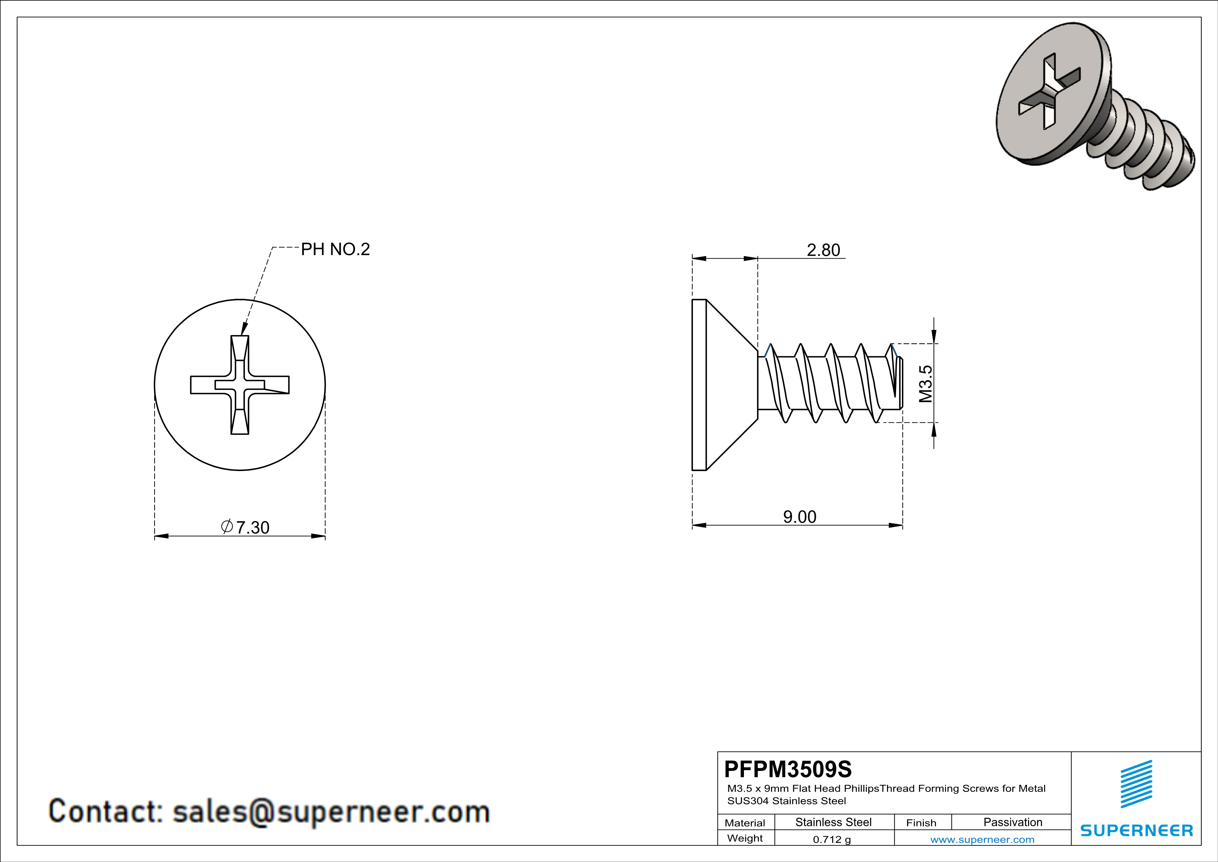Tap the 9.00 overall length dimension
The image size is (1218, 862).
[x=799, y=517]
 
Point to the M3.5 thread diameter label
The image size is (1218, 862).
[x=925, y=383]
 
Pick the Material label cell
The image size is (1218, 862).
[x=745, y=823]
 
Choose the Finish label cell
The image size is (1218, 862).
[x=921, y=823]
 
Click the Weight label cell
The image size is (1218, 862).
[x=745, y=838]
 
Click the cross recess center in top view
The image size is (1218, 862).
[x=240, y=385]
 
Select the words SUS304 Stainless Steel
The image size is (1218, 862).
[x=786, y=801]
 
